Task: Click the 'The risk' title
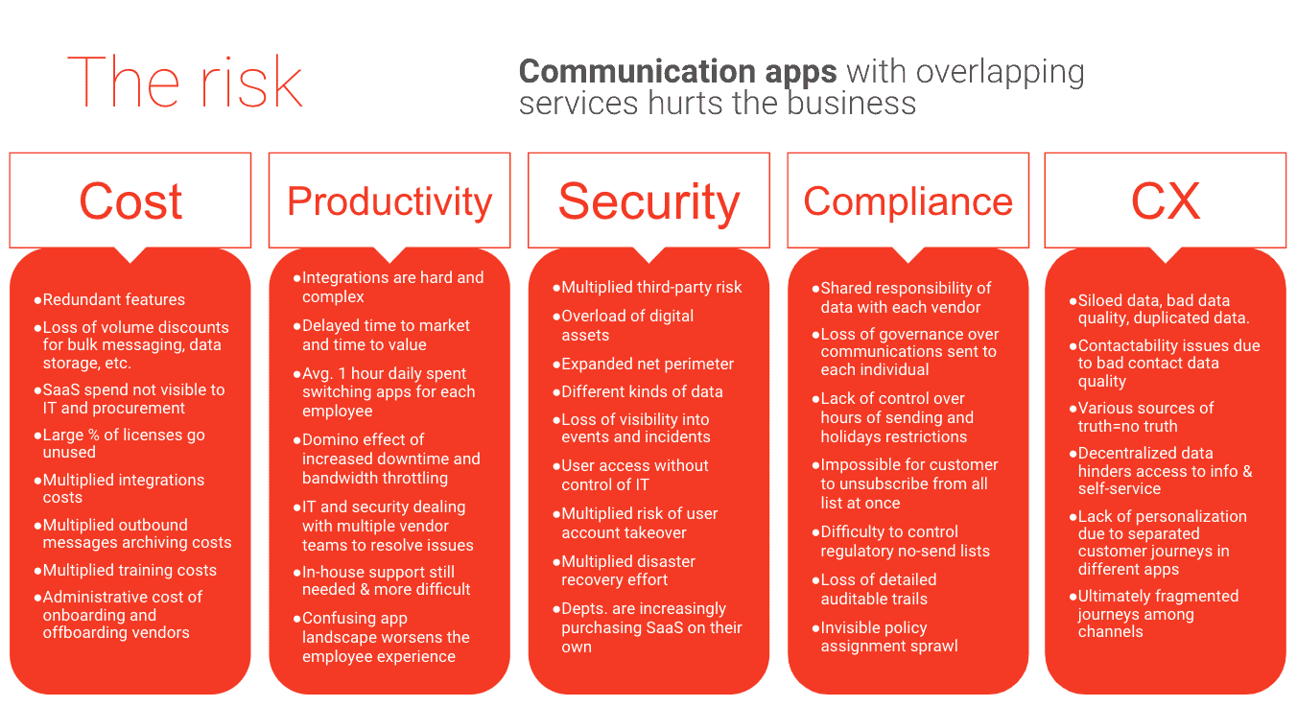click(185, 82)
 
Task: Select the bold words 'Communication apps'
click(677, 72)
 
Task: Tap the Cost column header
click(130, 200)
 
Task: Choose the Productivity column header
click(389, 202)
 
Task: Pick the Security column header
click(649, 202)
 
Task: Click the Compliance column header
click(908, 201)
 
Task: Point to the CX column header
click(1166, 200)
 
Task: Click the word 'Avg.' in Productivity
click(318, 374)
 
